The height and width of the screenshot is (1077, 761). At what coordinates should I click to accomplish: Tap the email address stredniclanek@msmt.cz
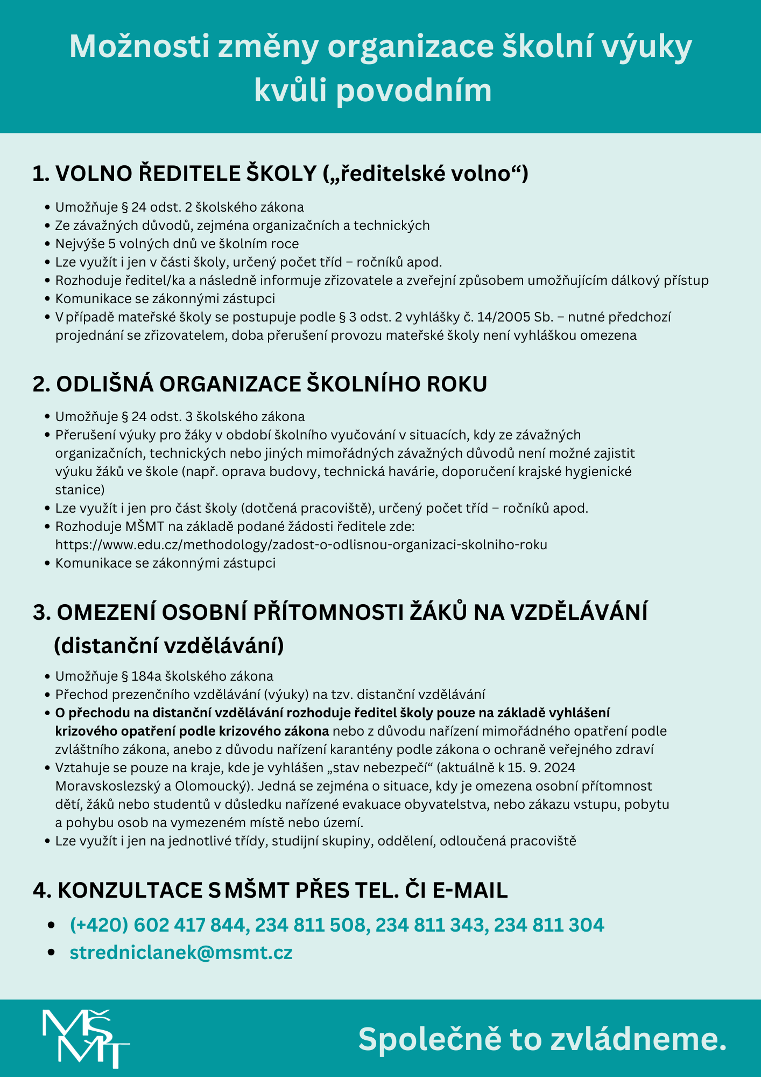coord(181,952)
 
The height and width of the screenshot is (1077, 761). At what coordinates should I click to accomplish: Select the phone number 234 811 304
coord(549,925)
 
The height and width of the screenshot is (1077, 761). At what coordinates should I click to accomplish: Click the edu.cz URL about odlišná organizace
coord(301,544)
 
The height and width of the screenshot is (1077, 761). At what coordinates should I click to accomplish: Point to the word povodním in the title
coord(413,90)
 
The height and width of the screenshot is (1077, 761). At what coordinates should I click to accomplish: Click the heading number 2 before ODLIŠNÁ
coord(41,384)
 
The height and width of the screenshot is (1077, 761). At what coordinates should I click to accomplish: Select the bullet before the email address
coord(52,952)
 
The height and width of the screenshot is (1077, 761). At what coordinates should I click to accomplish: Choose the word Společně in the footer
coord(429,1039)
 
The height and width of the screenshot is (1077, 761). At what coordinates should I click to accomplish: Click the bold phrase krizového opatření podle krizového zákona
coord(192,731)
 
